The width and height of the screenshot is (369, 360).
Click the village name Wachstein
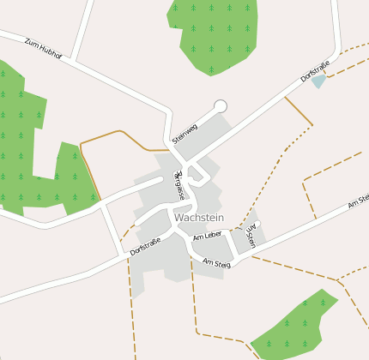[x=198, y=218]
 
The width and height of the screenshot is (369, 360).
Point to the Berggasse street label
[x=179, y=186]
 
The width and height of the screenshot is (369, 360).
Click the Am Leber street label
[x=208, y=236]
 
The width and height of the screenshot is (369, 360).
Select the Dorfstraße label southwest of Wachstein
[x=145, y=246]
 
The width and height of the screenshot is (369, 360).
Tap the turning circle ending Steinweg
[x=221, y=106]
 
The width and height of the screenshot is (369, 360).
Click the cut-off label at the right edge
[x=359, y=202]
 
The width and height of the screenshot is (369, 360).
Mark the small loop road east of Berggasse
[x=197, y=176]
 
